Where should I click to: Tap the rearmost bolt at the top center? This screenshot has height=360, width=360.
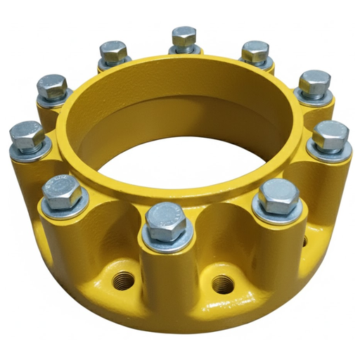click(184, 37)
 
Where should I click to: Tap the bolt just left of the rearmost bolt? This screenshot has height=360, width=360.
click(112, 51)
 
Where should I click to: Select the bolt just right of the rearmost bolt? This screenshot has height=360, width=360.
click(255, 51)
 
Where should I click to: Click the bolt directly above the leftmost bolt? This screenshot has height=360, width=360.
click(52, 86)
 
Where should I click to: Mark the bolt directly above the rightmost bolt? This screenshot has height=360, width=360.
click(314, 83)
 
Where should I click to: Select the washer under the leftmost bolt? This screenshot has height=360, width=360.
click(30, 150)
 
